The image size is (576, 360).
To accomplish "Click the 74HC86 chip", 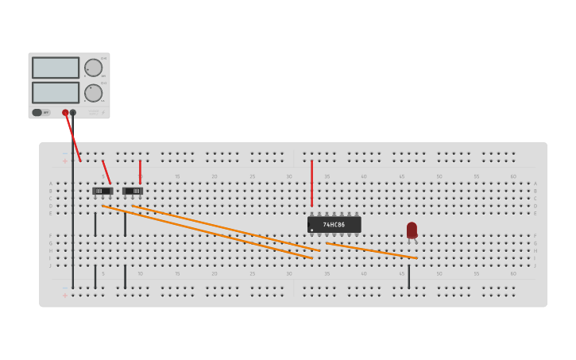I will click(x=334, y=225).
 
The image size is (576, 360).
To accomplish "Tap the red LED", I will click(x=412, y=230).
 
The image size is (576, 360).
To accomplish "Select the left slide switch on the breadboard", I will click(x=102, y=191).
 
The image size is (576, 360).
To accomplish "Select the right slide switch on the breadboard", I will click(x=133, y=191).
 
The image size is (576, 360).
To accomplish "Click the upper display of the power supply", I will click(x=55, y=68).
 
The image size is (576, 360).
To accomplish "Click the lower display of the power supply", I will click(x=55, y=92).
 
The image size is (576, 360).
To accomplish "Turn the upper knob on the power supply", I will click(x=93, y=68).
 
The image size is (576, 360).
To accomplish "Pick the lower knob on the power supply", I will click(x=93, y=92).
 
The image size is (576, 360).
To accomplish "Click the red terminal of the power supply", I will click(x=65, y=113).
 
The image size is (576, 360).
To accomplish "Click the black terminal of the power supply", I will click(x=73, y=113).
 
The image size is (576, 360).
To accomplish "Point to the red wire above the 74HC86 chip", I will click(x=311, y=183).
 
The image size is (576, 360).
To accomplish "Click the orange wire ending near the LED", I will click(x=371, y=250).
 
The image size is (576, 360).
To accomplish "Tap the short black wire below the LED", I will click(x=409, y=277).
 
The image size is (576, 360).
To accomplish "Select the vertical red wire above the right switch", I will click(x=140, y=171).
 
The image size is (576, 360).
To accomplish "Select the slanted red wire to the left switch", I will click(x=106, y=172).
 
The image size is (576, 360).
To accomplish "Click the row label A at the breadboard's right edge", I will click(x=535, y=184).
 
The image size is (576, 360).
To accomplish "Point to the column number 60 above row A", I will click(x=512, y=176).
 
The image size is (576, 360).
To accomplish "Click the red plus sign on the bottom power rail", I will click(x=65, y=296).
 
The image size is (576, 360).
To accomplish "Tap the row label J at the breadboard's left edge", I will click(x=50, y=265).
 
